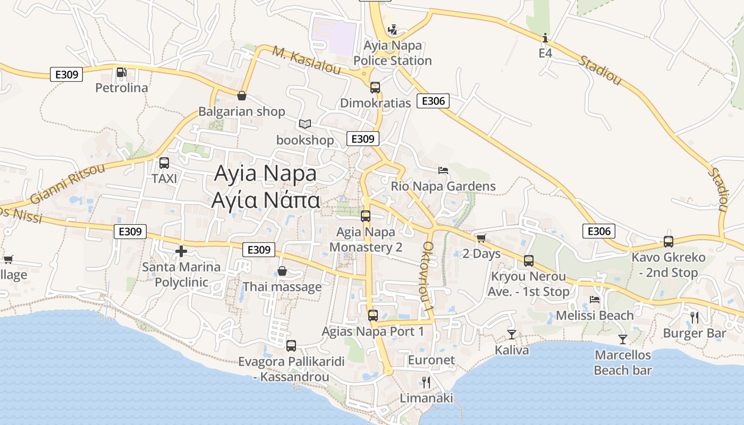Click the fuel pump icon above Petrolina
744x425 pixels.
[x=121, y=72]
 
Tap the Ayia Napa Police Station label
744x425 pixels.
[x=392, y=53]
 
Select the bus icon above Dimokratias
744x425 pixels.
[x=375, y=87]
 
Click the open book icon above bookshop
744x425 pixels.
[x=305, y=124]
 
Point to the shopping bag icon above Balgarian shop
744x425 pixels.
[x=242, y=96]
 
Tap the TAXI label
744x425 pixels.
[x=164, y=178]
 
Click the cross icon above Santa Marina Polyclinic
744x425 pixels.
[x=181, y=251]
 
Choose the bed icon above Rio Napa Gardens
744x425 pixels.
[x=443, y=171]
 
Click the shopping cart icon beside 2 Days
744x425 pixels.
[x=481, y=238]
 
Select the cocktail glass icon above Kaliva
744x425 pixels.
[x=512, y=334]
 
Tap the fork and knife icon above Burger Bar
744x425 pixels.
[x=694, y=318]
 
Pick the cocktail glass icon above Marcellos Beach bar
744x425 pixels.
[x=623, y=339]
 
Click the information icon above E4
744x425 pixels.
[x=545, y=38]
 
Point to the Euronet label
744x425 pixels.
[x=431, y=360]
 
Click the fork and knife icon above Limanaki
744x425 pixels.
[x=426, y=382]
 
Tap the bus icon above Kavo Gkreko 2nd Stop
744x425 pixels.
[x=669, y=242]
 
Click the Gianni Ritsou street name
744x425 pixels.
[x=67, y=183]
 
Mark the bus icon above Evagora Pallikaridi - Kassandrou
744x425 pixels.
[x=291, y=346]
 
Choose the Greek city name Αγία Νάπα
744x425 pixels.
[x=266, y=200]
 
